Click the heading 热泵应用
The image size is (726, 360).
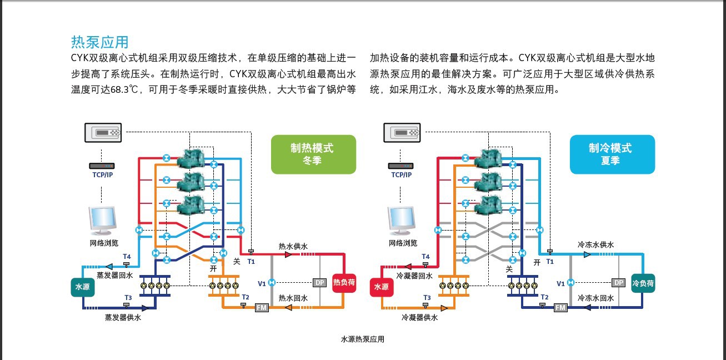coord(100,42)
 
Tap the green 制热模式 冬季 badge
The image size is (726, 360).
coord(313,154)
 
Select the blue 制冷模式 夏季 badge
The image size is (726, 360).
coord(612,154)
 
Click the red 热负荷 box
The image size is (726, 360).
coord(344,283)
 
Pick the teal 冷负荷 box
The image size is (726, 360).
coord(643,283)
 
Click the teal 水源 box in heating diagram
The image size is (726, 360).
coord(83,287)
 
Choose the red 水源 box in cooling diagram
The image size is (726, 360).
coord(382,287)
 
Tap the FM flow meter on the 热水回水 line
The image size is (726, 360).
coord(262,308)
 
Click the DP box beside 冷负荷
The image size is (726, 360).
coord(618,283)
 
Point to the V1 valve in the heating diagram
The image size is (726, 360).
coord(272,283)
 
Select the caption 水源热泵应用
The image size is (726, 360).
coord(363,339)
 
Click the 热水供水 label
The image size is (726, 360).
coord(293,246)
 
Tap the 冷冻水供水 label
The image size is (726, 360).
coord(595,244)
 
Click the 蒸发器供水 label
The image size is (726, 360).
coord(123,318)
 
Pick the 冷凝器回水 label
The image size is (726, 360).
coord(414,276)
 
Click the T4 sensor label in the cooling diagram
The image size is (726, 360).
coord(425,257)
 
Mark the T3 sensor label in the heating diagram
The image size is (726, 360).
coord(128,297)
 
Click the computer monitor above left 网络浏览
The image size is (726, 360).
coord(102,221)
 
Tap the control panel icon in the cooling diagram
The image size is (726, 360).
coord(402,133)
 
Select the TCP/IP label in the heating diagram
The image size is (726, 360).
coord(102,175)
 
